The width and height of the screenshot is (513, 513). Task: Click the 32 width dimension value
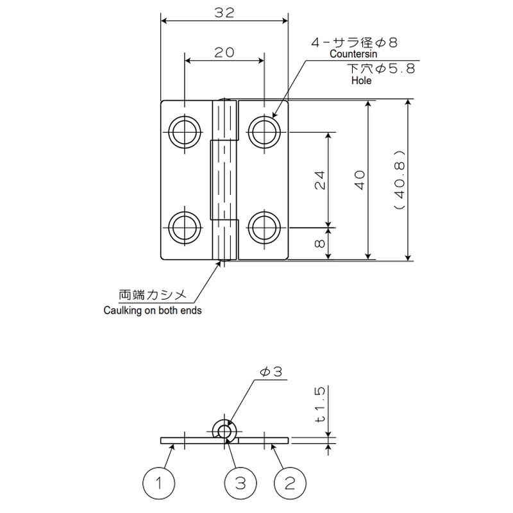(224, 13)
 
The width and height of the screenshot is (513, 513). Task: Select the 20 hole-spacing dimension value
(224, 53)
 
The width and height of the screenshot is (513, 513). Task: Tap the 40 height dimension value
(360, 180)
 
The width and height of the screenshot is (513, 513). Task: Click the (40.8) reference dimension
(399, 180)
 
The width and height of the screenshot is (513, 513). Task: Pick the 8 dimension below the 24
(319, 244)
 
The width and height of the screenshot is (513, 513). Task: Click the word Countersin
(353, 54)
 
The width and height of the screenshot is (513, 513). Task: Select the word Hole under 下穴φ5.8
(361, 81)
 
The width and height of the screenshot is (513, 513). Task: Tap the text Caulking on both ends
(153, 310)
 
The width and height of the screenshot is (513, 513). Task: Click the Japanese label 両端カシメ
(153, 295)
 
